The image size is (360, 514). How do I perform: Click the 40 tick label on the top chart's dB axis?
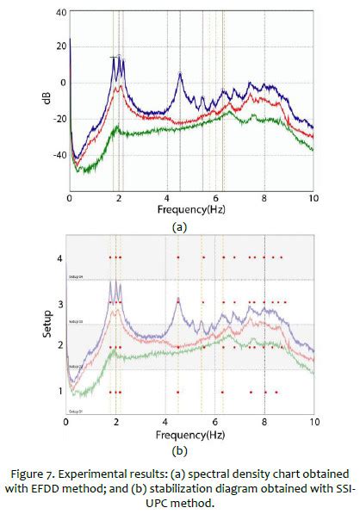(x=59, y=13)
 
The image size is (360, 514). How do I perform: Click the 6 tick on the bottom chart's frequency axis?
(x=216, y=424)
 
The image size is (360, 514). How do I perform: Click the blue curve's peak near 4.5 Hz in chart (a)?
(x=180, y=73)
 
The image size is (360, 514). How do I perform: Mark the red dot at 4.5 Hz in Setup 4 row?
(x=178, y=257)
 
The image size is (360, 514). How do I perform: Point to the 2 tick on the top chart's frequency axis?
(x=117, y=198)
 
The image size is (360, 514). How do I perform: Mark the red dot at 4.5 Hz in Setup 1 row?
(x=178, y=391)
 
